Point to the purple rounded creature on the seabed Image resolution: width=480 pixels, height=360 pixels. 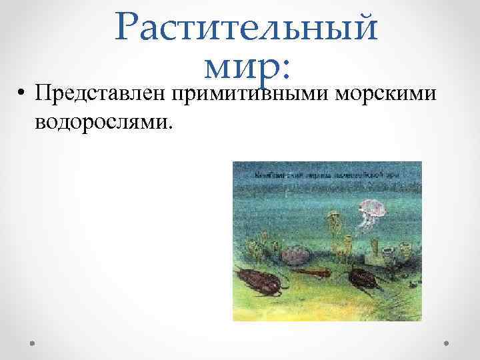(x=296, y=254)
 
